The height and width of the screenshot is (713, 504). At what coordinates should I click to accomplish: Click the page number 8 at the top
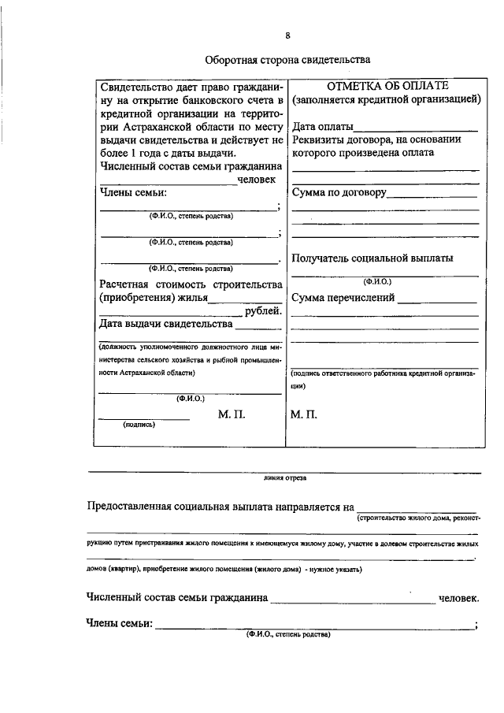coord(287,35)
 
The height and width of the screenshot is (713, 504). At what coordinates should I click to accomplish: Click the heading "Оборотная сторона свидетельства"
coord(287,59)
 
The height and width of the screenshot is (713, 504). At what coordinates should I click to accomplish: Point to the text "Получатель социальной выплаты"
coord(372,258)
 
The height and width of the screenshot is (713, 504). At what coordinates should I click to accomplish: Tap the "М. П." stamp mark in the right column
coord(304,414)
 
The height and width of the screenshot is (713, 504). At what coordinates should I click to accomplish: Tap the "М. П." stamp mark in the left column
coord(233,414)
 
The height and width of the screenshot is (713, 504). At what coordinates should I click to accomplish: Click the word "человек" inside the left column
coord(258,180)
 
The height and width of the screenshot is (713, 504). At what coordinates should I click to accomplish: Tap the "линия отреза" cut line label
coord(285,477)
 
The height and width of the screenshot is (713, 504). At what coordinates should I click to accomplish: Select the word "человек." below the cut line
coord(458,600)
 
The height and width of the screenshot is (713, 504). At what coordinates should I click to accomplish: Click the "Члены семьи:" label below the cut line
coord(118,624)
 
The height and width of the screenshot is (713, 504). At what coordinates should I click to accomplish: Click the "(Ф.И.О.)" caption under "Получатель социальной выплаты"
coord(377,281)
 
